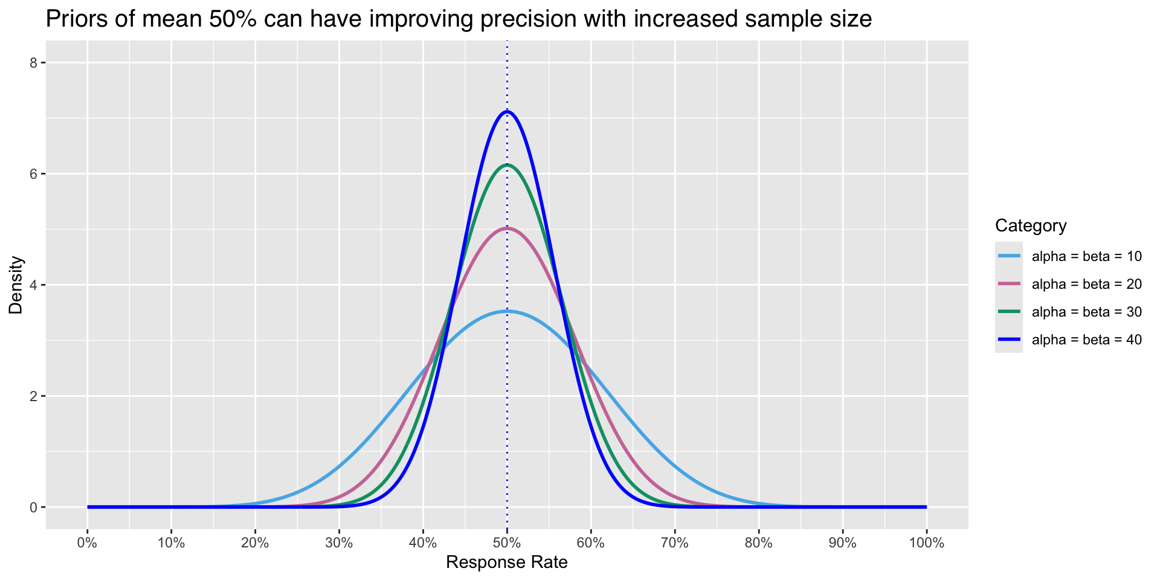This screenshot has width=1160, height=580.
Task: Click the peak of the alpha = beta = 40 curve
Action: pos(507,112)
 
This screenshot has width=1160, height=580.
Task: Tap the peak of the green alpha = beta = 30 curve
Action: pos(507,165)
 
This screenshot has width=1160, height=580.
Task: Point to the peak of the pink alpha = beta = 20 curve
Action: pos(507,228)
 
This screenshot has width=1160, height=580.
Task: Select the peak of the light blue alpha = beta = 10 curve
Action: pos(507,311)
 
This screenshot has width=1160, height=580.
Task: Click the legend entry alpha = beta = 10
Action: pos(1086,256)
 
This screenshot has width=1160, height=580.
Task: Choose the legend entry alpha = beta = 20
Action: pos(1086,284)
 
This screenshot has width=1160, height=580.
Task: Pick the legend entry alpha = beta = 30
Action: pos(1086,312)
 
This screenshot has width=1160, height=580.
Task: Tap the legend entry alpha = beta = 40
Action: pos(1086,340)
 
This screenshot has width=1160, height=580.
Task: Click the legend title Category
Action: pos(1031,226)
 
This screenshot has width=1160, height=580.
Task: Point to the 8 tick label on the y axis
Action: pos(34,63)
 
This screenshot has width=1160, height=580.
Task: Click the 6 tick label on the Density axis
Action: pos(34,174)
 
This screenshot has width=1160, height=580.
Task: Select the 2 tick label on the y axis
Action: pos(34,396)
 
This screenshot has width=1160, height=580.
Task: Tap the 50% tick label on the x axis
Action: pos(507,543)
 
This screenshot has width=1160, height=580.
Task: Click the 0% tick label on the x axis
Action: pos(88,543)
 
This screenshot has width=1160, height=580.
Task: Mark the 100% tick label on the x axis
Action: pos(926,543)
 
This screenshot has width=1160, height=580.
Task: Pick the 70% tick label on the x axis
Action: pos(675,543)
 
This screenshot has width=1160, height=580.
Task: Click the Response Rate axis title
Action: pos(507,563)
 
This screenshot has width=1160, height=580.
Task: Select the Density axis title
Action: pos(16,285)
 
